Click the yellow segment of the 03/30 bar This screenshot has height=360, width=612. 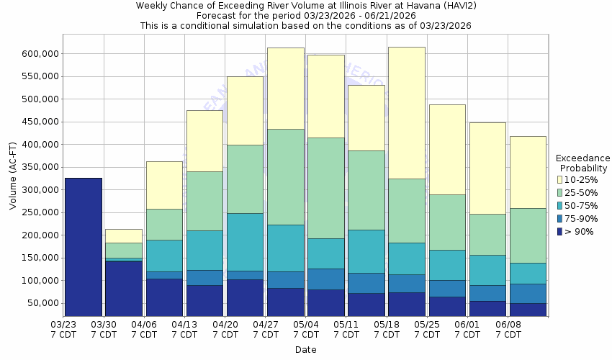click(x=123, y=236)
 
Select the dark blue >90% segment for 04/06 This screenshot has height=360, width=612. click(x=163, y=297)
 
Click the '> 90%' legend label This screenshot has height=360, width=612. click(x=580, y=231)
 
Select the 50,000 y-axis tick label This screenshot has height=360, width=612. click(x=42, y=302)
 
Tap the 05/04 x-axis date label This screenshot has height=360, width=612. click(x=307, y=325)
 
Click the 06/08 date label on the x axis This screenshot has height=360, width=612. click(x=508, y=325)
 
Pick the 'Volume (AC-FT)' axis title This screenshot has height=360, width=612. click(x=13, y=180)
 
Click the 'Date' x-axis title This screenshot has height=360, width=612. click(x=305, y=350)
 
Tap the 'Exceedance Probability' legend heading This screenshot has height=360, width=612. click(x=583, y=163)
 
